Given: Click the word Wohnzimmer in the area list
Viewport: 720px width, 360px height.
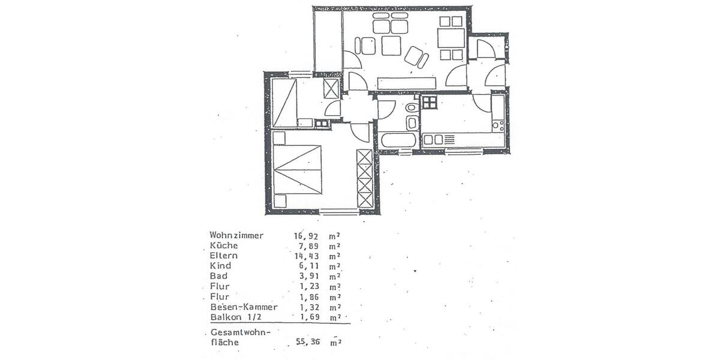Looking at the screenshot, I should click(x=236, y=236).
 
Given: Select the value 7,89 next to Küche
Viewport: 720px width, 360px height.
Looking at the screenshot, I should click(x=307, y=246).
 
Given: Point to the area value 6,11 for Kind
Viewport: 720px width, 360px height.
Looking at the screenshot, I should click(x=307, y=266).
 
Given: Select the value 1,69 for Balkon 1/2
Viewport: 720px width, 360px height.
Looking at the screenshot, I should click(x=307, y=317).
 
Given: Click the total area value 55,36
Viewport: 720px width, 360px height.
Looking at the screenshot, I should click(x=309, y=343).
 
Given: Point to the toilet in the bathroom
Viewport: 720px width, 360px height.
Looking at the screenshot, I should click(x=412, y=107).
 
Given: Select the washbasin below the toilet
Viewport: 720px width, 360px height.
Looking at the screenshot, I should click(x=412, y=123).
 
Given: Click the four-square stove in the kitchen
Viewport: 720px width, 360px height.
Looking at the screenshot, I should click(x=429, y=102).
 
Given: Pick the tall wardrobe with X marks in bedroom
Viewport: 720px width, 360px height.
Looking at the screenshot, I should click(x=364, y=179).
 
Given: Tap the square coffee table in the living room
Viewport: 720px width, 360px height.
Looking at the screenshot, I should click(x=391, y=46).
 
